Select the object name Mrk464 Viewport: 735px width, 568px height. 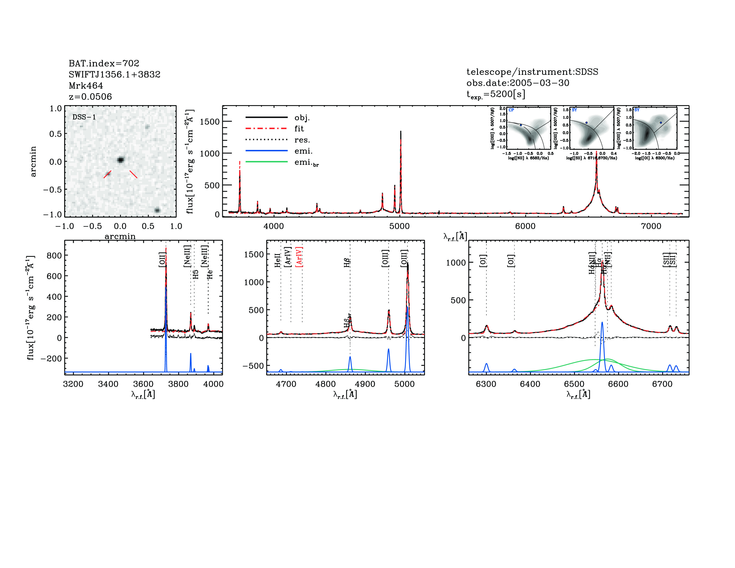click(x=86, y=86)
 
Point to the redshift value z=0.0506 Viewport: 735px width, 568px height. click(x=90, y=97)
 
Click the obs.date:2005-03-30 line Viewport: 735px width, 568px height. click(x=518, y=83)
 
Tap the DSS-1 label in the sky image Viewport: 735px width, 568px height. click(x=84, y=117)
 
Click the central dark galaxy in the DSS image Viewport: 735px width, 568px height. click(x=120, y=160)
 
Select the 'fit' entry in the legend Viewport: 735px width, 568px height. click(x=299, y=129)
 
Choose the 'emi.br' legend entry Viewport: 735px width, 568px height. click(x=306, y=163)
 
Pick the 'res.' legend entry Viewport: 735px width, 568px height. click(x=302, y=140)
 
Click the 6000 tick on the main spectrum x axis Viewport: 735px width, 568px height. click(x=525, y=226)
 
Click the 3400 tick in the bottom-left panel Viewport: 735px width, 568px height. click(x=108, y=384)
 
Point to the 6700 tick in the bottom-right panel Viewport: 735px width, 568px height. click(x=662, y=384)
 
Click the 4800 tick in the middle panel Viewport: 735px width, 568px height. click(x=325, y=384)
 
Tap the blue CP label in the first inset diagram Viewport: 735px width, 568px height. click(x=511, y=110)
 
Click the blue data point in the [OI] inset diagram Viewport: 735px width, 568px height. click(x=661, y=123)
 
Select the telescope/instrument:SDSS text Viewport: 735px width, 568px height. click(x=532, y=72)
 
